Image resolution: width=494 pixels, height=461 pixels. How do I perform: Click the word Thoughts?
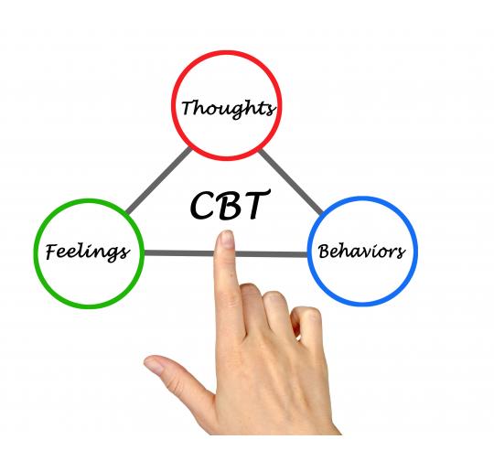coord(228,107)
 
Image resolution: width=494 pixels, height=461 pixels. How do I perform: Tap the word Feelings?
coord(88,251)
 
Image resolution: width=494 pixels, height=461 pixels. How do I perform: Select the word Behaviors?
coord(360,250)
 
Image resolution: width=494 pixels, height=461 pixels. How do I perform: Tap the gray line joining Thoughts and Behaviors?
coord(294,181)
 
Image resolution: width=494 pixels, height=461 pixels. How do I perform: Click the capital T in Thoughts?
coord(190,106)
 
